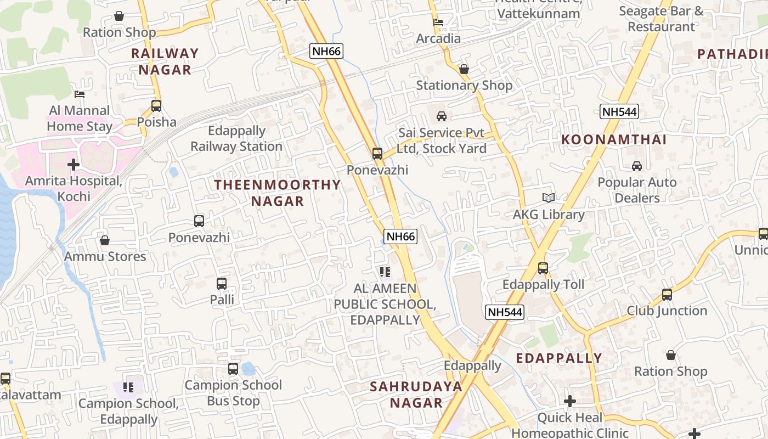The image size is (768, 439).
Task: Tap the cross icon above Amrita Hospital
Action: coord(74,165)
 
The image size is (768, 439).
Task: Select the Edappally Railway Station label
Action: coord(236,139)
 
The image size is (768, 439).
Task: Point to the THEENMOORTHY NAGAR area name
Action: coord(278,193)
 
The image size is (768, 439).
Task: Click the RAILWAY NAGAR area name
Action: coord(165,61)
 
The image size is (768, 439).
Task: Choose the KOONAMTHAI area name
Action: coord(614,139)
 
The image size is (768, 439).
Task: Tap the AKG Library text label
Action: coord(549,215)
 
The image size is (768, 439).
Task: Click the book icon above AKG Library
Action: coord(549,198)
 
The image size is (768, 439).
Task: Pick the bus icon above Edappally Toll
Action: coord(543,268)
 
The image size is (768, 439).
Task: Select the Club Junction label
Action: coord(667,311)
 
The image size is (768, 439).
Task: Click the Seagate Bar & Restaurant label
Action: coord(661,19)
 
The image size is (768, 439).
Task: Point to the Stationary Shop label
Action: coord(464,86)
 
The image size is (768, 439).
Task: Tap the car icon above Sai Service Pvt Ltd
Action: coord(442,116)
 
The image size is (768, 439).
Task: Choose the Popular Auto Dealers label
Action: coord(637,190)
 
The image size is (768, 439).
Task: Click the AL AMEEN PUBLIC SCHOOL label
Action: coord(385,304)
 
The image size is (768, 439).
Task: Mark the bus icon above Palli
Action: coord(222,284)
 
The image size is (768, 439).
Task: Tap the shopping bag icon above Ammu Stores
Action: coord(105,240)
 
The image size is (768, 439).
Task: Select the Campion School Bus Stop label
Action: coord(233,393)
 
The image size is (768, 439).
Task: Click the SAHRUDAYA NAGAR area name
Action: coord(416,395)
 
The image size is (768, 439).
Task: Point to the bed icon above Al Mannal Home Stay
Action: coord(80,94)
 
